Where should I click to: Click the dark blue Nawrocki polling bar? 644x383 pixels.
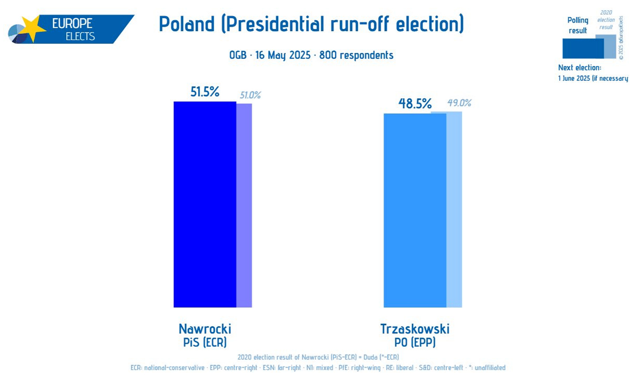[205, 204]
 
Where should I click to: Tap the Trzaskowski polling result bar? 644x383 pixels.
[415, 210]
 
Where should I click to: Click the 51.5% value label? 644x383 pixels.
[205, 92]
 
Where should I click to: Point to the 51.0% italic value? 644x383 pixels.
[250, 95]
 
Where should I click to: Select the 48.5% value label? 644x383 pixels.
[415, 104]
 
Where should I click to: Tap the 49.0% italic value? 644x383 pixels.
[459, 103]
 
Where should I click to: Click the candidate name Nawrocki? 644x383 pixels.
[205, 329]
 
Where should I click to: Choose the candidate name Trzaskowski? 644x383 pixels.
[415, 329]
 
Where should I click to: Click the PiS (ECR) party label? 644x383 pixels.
[205, 342]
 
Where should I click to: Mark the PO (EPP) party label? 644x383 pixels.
[415, 342]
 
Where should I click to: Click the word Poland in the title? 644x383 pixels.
[187, 24]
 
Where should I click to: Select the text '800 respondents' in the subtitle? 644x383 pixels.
[356, 55]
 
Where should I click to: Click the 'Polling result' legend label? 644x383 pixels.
[578, 25]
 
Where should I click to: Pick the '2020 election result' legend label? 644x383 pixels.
[606, 20]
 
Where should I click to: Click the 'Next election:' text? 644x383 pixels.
[579, 68]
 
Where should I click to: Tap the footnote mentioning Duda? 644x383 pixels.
[318, 357]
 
